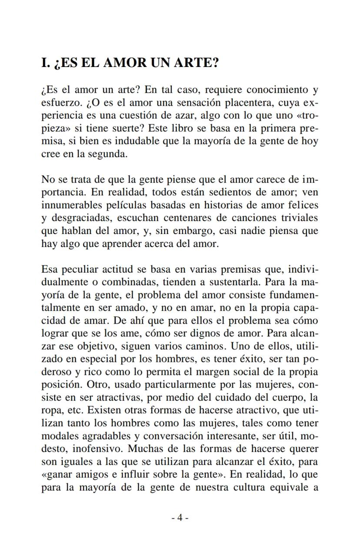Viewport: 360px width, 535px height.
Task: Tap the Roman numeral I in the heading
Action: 44,63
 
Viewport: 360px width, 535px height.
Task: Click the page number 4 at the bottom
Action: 180,518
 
